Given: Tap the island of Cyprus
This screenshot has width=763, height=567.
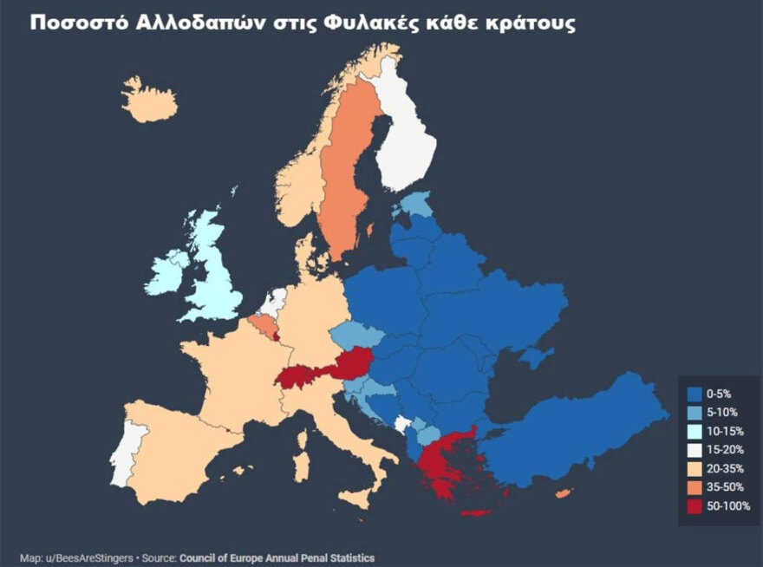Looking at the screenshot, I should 563,493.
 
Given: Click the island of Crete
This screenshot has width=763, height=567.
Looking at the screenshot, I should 475,513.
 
